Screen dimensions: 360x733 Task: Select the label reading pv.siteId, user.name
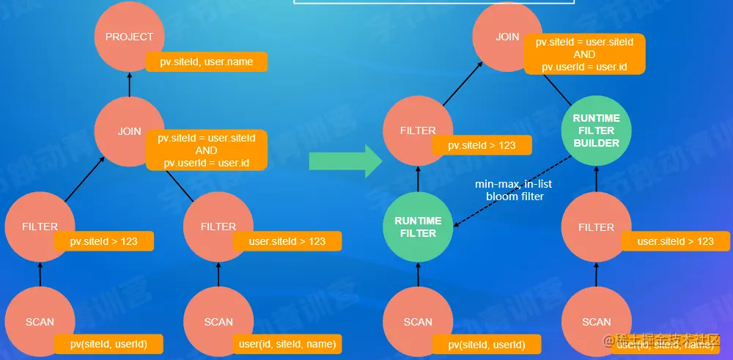206,62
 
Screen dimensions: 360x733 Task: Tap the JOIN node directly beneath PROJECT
130,132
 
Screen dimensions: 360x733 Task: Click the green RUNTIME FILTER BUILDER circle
596,131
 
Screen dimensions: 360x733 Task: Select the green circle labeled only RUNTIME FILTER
418,227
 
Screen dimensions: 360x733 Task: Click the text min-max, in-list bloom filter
514,191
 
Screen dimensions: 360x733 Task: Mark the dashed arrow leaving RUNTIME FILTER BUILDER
513,188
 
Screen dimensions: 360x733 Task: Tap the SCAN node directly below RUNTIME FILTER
418,322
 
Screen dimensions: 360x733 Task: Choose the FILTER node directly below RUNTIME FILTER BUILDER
596,227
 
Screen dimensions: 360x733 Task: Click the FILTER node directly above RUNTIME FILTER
418,131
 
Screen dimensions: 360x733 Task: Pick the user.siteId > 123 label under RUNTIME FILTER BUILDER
675,241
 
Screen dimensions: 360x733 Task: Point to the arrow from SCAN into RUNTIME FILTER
418,275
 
